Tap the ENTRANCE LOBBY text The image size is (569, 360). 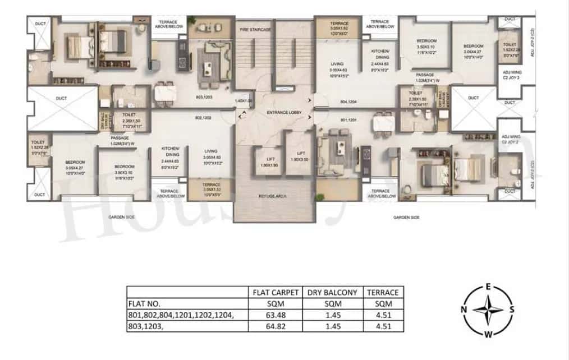click(x=284, y=113)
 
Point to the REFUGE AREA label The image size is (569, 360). click(x=273, y=196)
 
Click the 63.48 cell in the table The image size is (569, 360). click(x=275, y=316)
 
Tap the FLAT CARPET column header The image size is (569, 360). click(x=275, y=292)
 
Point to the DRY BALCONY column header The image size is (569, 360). click(x=332, y=292)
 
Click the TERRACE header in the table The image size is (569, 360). click(x=383, y=292)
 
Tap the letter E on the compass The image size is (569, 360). click(x=489, y=287)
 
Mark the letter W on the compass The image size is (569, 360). click(x=489, y=335)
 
